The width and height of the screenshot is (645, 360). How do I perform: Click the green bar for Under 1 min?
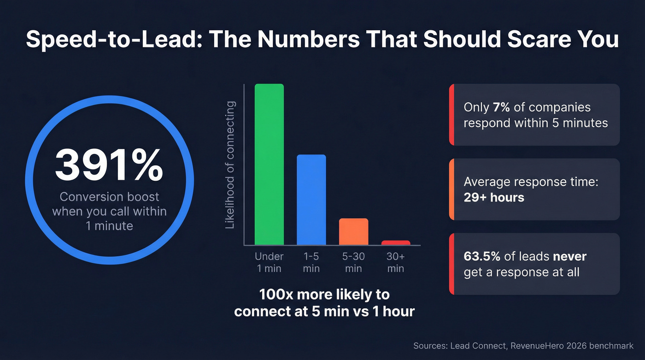(x=270, y=165)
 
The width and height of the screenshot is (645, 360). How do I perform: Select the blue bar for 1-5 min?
(x=311, y=200)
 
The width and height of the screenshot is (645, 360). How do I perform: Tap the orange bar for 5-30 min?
(x=353, y=231)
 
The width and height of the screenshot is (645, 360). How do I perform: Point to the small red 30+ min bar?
(x=396, y=242)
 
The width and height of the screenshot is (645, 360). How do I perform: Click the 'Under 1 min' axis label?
(x=270, y=262)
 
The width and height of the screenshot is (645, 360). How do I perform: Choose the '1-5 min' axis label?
(x=311, y=262)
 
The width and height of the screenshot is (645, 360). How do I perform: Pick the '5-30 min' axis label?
(x=353, y=262)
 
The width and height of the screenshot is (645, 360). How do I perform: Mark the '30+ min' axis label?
(x=396, y=262)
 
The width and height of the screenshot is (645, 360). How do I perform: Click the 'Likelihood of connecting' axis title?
(x=230, y=165)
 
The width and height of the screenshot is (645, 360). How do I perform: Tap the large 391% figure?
(x=109, y=165)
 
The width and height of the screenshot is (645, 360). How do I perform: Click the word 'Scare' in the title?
(x=536, y=39)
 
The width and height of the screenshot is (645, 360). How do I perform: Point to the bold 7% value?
(x=501, y=107)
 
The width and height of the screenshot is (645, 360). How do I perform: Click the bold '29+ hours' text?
(x=494, y=198)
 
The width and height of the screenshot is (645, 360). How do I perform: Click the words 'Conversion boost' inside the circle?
(x=110, y=197)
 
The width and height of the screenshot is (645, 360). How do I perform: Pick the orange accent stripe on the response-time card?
(x=451, y=189)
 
